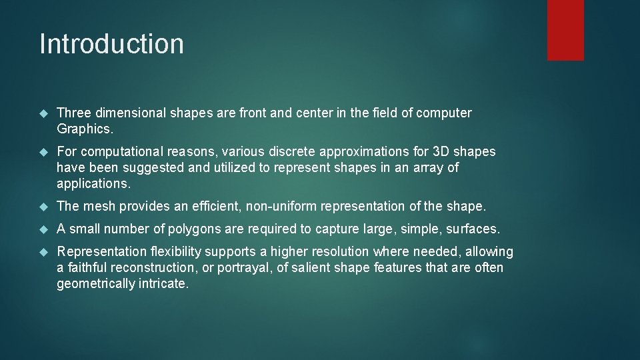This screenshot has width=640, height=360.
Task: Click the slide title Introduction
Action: click(111, 44)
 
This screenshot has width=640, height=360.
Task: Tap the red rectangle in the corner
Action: click(565, 30)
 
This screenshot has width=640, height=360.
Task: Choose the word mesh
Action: click(97, 206)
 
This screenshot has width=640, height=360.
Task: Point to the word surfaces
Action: click(473, 229)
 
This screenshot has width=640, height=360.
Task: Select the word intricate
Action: click(167, 283)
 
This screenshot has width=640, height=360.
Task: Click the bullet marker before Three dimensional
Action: click(43, 113)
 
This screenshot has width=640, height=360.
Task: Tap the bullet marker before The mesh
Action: click(43, 207)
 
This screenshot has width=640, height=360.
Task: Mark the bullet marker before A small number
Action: click(43, 229)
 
